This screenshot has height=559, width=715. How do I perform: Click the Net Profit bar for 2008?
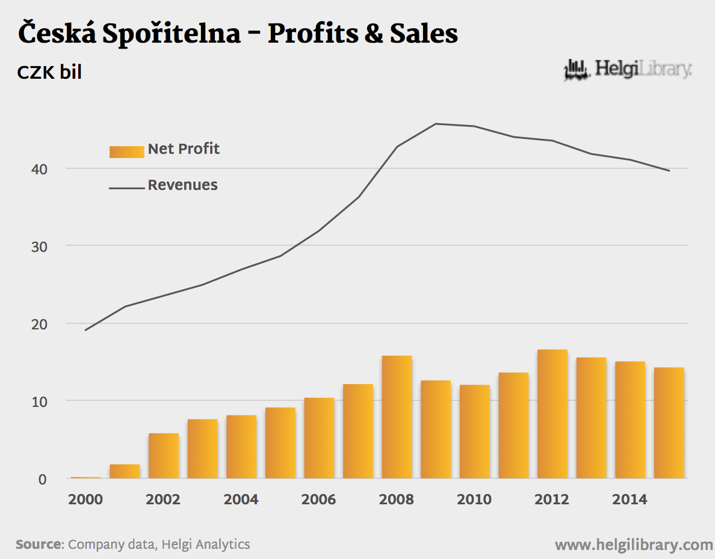click(x=397, y=417)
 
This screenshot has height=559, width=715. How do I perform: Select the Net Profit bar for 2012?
click(x=552, y=414)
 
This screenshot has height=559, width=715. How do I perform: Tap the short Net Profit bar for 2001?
click(x=125, y=471)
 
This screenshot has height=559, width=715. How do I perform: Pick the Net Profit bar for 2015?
click(x=669, y=423)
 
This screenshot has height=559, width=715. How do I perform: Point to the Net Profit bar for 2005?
click(x=280, y=443)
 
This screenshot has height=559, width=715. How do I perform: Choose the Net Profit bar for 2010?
click(x=475, y=432)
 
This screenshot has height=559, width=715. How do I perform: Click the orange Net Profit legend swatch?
click(x=126, y=151)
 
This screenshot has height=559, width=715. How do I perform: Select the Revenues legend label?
click(x=183, y=185)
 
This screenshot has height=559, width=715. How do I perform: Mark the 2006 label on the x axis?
click(x=319, y=499)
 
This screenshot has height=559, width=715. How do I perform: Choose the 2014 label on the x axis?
click(x=630, y=499)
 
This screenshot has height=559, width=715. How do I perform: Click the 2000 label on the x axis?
click(x=85, y=499)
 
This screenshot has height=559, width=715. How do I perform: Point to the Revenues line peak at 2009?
click(x=436, y=124)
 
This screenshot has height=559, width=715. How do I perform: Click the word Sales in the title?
click(x=424, y=34)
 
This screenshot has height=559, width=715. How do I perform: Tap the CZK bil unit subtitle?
click(x=49, y=73)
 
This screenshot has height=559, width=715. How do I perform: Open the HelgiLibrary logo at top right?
click(x=627, y=70)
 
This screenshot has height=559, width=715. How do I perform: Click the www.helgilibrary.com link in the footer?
click(x=634, y=545)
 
